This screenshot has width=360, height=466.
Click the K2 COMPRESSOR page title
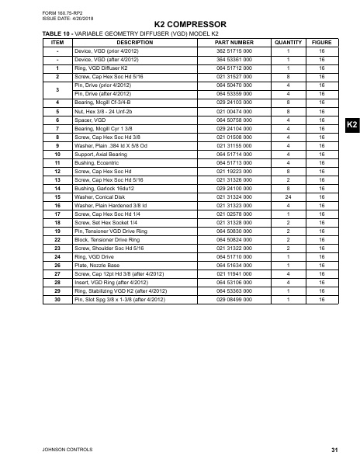tap(179, 26)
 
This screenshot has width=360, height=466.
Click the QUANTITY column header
tap(288, 42)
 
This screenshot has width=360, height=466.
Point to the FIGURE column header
tap(321, 42)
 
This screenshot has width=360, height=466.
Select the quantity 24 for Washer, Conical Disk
tap(288, 196)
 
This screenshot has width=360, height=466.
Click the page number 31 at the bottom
tap(334, 450)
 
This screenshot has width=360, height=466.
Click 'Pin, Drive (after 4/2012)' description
tap(102, 95)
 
